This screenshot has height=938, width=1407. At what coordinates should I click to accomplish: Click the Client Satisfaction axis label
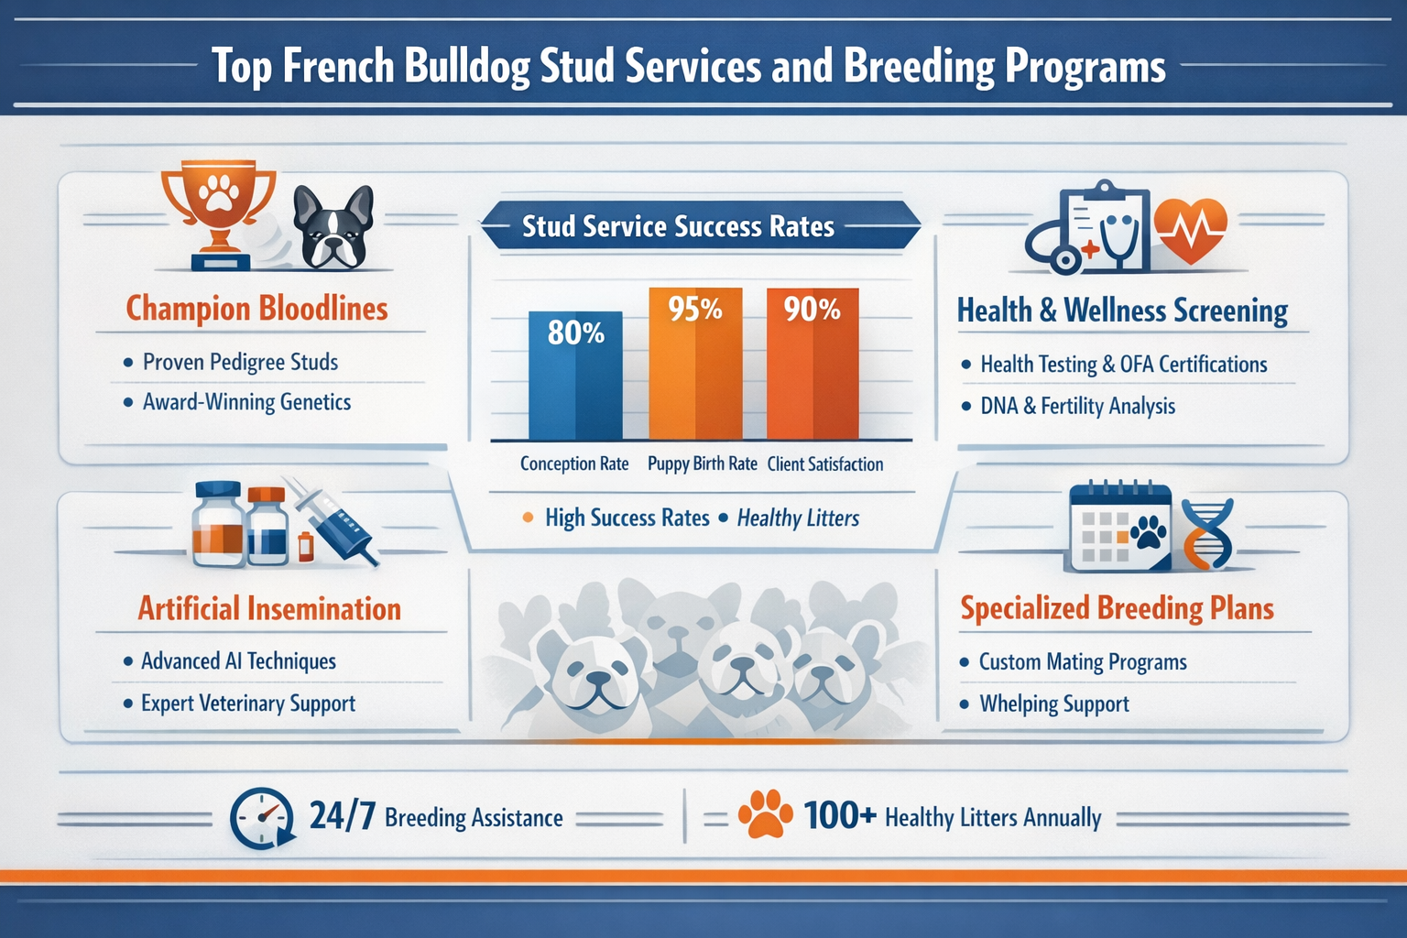[824, 464]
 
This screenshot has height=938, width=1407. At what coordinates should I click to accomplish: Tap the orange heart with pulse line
[1190, 229]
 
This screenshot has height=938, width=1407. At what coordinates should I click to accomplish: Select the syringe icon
[332, 520]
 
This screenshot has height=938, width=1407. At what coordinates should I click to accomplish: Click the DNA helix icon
[1208, 534]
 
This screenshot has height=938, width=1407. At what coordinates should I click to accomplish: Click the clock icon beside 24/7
[262, 818]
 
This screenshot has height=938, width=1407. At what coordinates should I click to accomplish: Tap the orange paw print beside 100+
[765, 814]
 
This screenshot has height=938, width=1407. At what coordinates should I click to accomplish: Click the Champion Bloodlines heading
[256, 309]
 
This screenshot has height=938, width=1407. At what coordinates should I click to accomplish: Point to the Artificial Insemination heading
[269, 609]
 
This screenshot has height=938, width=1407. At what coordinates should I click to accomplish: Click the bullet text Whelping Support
[1053, 704]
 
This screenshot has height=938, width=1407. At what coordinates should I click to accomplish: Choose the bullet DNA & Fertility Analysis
[1077, 406]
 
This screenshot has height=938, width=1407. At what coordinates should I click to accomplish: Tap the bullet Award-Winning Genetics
[246, 402]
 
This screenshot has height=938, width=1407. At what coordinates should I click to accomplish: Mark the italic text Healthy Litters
[798, 518]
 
